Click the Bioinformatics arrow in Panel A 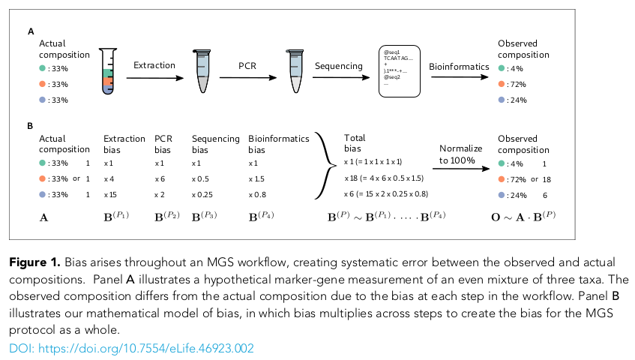[x=458, y=78]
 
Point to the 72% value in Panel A [x=516, y=84]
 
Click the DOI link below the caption [x=132, y=348]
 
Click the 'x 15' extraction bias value [x=109, y=195]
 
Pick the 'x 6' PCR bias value [x=160, y=179]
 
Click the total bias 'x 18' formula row [x=383, y=179]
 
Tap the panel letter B [x=30, y=126]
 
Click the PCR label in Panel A [x=247, y=66]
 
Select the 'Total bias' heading [x=355, y=144]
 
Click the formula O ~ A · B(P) [x=529, y=218]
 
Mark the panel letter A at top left [x=30, y=31]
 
